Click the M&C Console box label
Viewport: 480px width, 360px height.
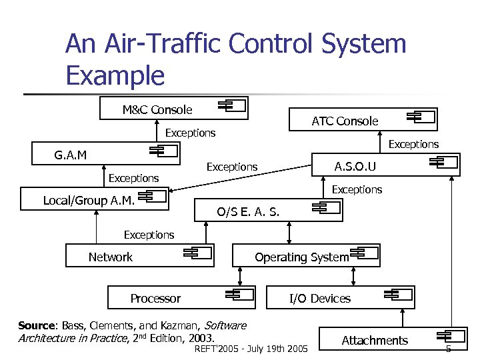click(157, 109)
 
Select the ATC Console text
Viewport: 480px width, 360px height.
click(345, 121)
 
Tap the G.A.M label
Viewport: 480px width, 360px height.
click(70, 155)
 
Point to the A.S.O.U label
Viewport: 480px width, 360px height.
click(355, 166)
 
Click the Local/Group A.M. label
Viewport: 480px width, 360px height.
click(89, 200)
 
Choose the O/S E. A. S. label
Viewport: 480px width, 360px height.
click(248, 212)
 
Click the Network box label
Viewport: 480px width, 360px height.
click(110, 257)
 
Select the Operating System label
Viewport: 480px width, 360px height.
click(301, 257)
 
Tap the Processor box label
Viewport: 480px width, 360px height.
click(155, 298)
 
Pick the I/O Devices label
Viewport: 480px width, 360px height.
click(319, 298)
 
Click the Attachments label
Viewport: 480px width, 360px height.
click(375, 341)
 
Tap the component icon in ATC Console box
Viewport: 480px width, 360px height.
click(421, 117)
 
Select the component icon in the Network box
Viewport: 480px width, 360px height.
click(198, 253)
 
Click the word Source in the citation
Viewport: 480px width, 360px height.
click(37, 326)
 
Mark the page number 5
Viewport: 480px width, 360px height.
click(448, 349)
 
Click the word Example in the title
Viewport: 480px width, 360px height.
click(115, 75)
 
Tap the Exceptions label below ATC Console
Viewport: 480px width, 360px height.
click(413, 144)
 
